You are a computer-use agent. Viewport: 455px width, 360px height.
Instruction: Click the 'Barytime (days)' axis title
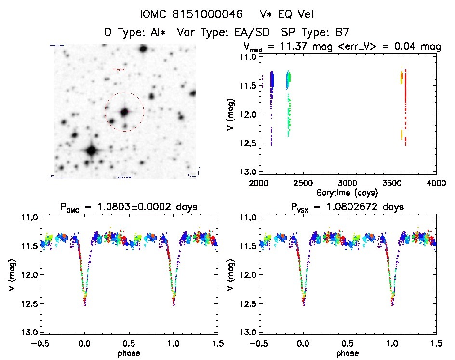point(347,192)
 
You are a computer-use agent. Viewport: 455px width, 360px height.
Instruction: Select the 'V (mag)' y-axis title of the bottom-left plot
point(11,275)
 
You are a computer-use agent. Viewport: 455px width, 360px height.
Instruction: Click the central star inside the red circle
point(125,112)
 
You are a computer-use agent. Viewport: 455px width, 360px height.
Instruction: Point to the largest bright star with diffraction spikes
point(91,150)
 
